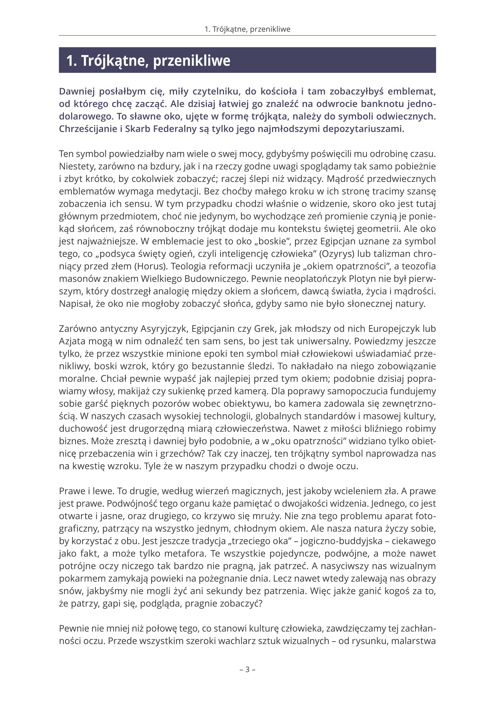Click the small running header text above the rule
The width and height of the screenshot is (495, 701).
click(x=247, y=29)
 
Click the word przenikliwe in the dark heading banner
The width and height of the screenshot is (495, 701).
click(x=192, y=61)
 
